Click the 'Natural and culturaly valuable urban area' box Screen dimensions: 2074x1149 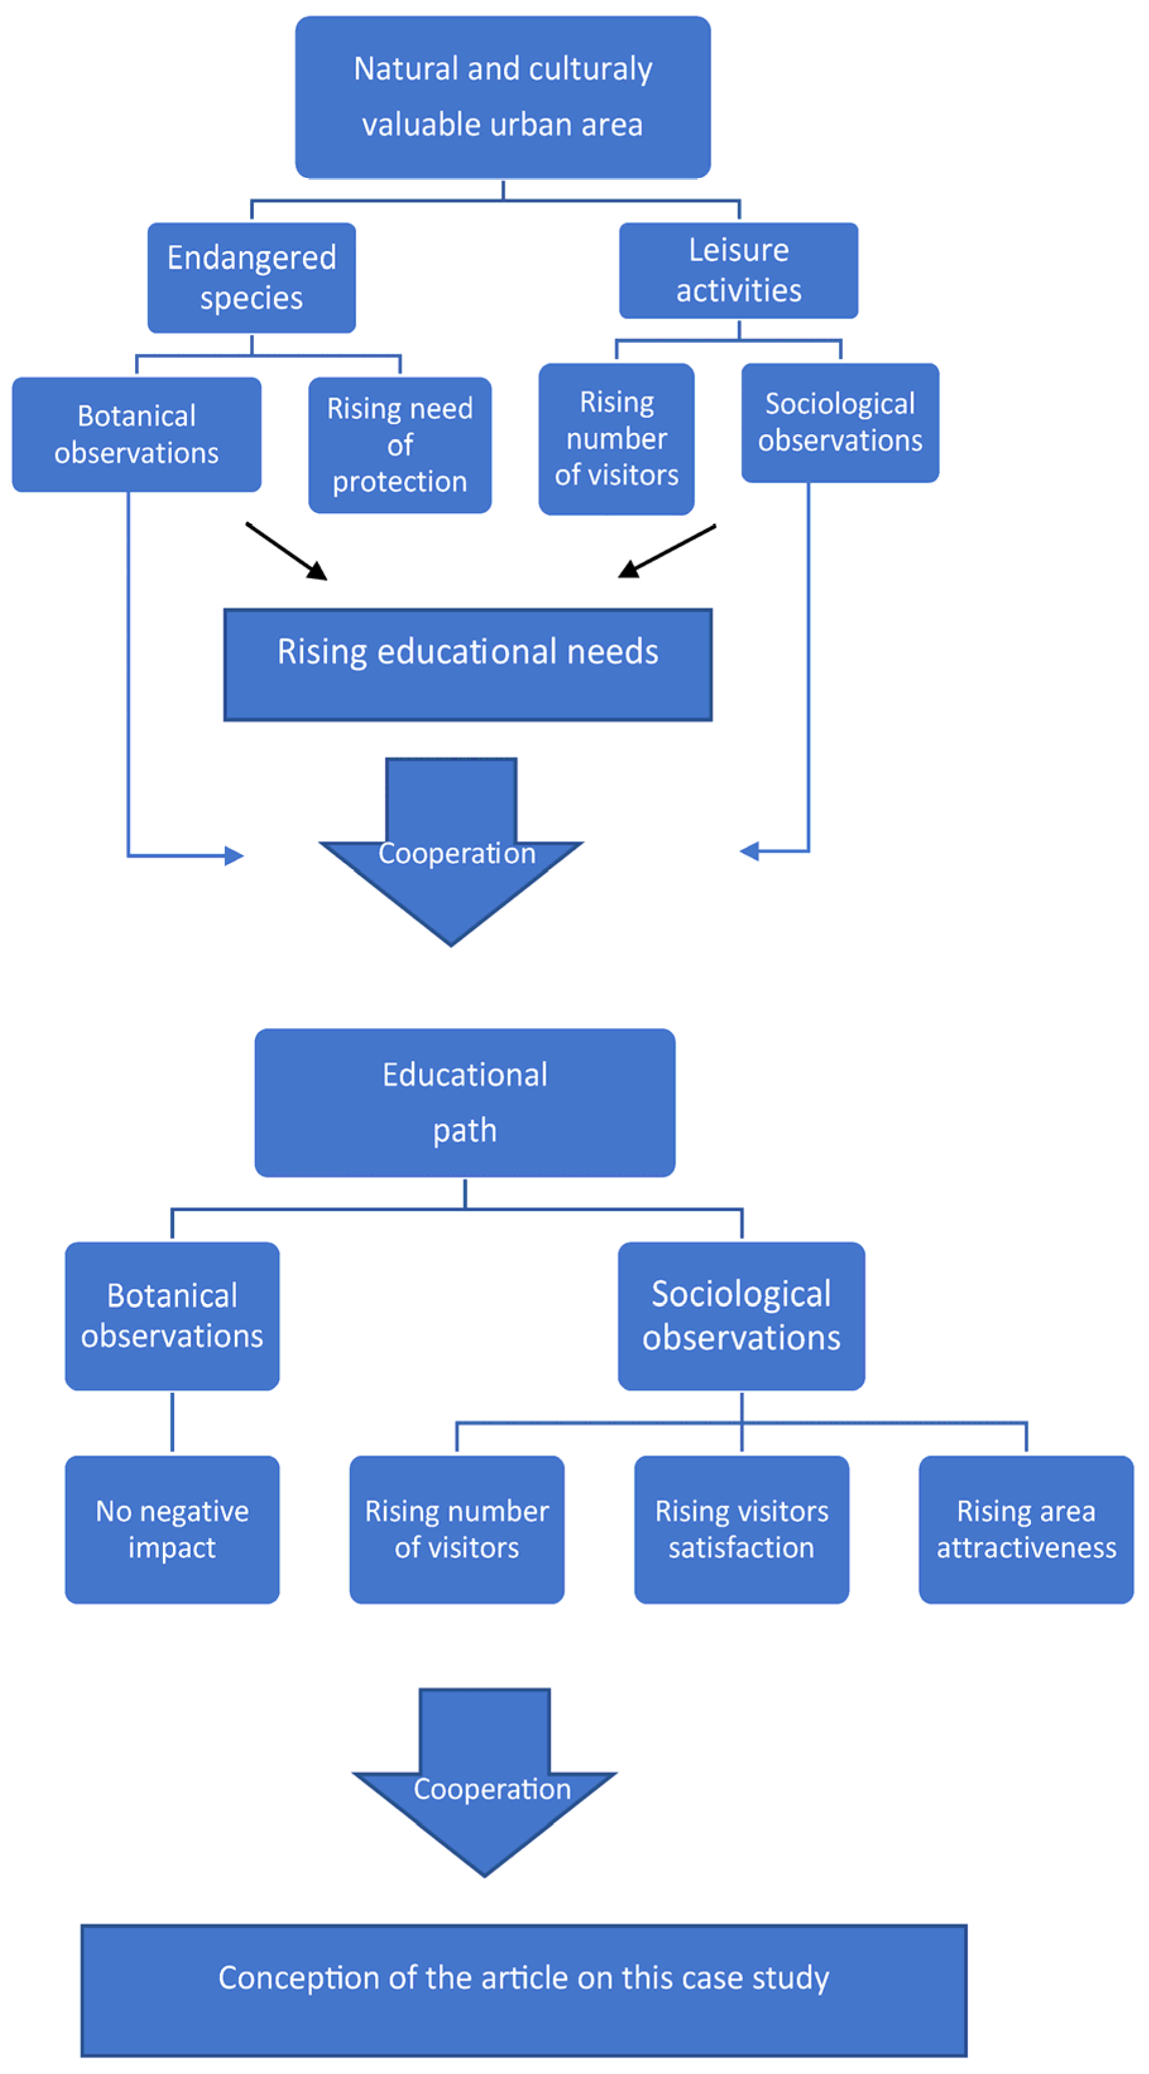[x=503, y=97]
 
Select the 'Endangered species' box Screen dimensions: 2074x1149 [x=251, y=278]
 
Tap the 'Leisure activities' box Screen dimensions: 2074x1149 [x=739, y=271]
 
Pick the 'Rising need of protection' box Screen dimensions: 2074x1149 [x=400, y=445]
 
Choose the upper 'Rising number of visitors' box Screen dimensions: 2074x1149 [x=616, y=439]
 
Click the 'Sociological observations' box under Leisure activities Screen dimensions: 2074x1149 [x=840, y=423]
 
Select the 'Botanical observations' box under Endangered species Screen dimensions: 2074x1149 [x=136, y=435]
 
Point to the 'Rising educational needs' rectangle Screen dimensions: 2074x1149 [x=467, y=664]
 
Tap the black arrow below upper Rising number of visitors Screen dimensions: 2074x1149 [x=667, y=552]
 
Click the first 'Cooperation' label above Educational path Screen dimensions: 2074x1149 [x=456, y=853]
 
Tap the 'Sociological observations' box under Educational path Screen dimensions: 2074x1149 [x=741, y=1315]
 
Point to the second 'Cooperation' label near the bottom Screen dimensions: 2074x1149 [x=492, y=1789]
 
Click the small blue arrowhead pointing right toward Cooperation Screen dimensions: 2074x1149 [x=234, y=856]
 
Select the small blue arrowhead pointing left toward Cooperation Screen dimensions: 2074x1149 [x=749, y=851]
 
